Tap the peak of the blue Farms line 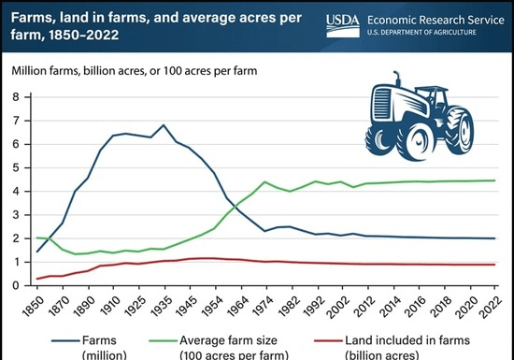[164, 124]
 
